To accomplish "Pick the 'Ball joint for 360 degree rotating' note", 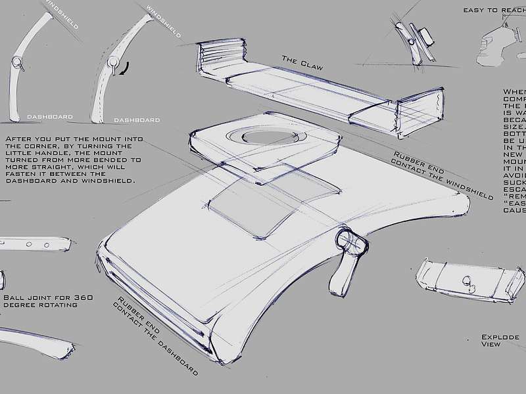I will [x=47, y=301].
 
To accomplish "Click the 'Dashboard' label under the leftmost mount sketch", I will [x=50, y=116].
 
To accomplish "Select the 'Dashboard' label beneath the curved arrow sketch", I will [x=137, y=120].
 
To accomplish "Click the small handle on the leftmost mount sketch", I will [x=17, y=64].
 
